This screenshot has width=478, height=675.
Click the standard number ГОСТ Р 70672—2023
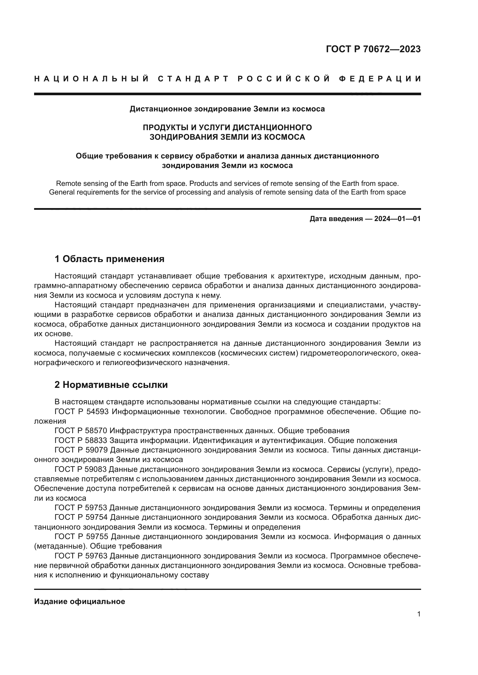pos(373,49)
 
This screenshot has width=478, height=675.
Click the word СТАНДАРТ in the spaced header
pos(193,79)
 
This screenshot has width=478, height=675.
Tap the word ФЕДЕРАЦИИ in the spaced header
pos(380,79)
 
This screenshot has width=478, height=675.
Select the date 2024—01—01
pos(397,219)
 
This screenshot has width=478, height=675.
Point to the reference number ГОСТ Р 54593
pos(81,412)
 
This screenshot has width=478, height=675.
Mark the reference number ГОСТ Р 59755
pos(81,536)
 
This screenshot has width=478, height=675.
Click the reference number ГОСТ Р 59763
pos(81,556)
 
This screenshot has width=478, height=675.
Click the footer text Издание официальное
pos(79,601)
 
